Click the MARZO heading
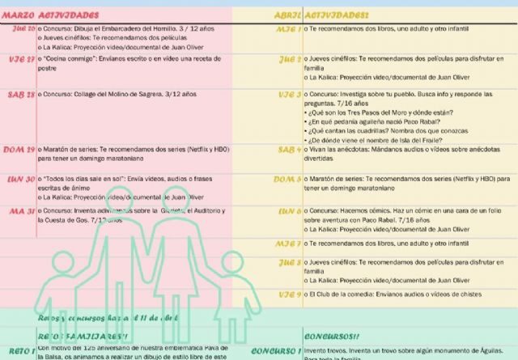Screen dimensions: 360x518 tap(18, 15)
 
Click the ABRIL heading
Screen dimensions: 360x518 tap(287, 15)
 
